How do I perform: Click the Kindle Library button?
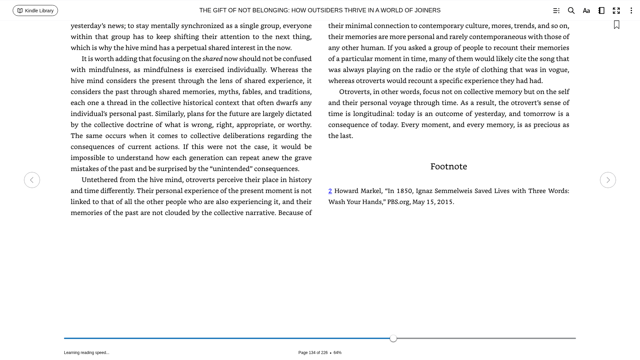(35, 11)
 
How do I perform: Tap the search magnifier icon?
(571, 11)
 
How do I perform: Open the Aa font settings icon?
(586, 11)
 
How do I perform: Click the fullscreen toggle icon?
(616, 11)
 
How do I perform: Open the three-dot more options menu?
(631, 11)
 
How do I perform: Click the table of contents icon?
(556, 11)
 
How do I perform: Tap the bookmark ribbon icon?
(617, 25)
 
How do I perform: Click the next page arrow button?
(608, 180)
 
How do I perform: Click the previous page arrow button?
(32, 180)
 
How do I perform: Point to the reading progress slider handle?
(393, 338)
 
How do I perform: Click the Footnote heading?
(448, 166)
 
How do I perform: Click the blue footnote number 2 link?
(330, 191)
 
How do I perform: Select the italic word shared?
(212, 59)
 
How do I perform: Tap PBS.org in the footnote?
(398, 202)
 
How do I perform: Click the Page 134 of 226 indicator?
(313, 353)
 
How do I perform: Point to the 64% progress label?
(337, 353)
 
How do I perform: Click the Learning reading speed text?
(87, 353)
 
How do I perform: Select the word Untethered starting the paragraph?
(99, 180)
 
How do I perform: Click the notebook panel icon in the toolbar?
(601, 11)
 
